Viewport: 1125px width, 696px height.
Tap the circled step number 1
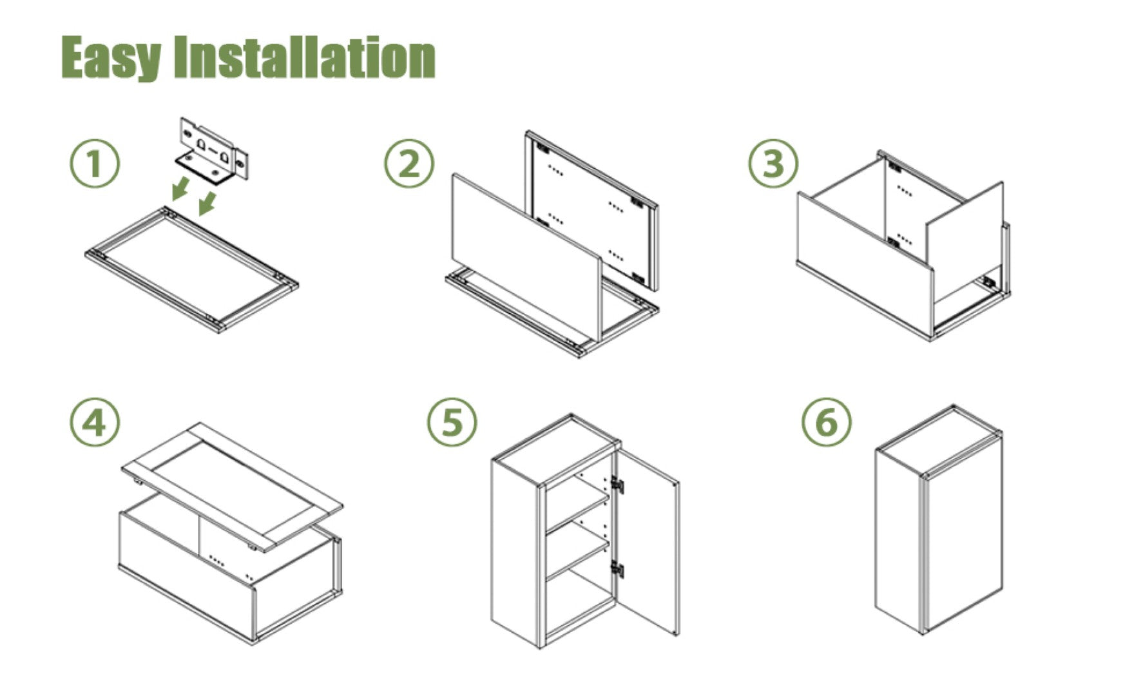coord(95,162)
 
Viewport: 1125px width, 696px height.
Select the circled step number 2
coord(410,162)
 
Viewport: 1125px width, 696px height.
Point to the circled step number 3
coord(773,162)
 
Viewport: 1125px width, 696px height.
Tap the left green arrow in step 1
coord(181,189)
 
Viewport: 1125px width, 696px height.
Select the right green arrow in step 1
coord(207,202)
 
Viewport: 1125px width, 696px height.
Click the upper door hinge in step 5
coord(617,485)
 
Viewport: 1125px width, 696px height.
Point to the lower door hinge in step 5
coord(617,569)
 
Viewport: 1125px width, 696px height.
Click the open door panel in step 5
coord(646,541)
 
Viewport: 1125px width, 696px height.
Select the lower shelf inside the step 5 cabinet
coord(577,558)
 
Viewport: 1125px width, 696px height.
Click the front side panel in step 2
coord(527,258)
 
